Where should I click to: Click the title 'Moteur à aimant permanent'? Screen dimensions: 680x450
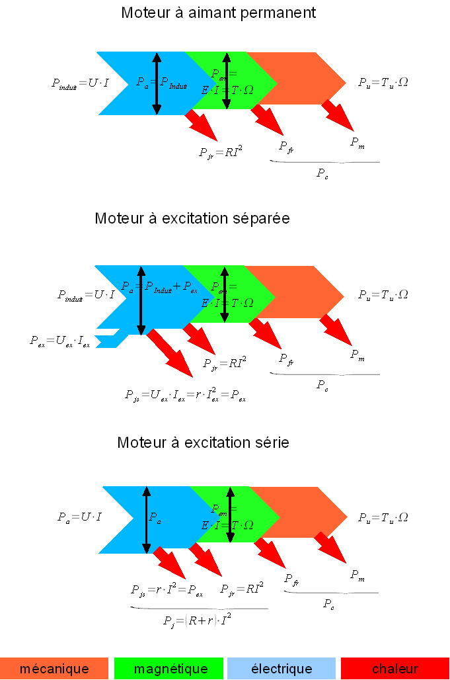[x=219, y=13]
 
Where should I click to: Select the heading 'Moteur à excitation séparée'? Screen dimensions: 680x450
[x=192, y=218]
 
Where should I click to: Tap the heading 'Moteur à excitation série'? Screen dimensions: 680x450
[x=203, y=443]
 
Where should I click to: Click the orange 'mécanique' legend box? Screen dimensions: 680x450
[x=54, y=669]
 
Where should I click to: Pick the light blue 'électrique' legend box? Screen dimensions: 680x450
[x=281, y=669]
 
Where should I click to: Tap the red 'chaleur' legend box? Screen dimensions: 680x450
[x=395, y=669]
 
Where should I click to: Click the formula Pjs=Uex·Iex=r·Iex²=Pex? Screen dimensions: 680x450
[x=185, y=396]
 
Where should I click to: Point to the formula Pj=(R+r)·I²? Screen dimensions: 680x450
[x=198, y=620]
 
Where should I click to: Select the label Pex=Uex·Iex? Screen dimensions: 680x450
[x=59, y=341]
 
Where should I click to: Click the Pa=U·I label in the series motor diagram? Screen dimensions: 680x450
[x=79, y=517]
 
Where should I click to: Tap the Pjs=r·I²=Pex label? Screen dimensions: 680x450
[x=167, y=589]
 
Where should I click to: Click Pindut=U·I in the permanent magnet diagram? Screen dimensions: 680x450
[x=79, y=83]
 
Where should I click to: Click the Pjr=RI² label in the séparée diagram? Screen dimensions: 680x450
[x=225, y=363]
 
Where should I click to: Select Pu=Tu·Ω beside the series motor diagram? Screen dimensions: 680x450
[x=383, y=517]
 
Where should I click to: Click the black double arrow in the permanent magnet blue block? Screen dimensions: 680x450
[x=157, y=83]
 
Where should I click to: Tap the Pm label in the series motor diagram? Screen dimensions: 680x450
[x=357, y=575]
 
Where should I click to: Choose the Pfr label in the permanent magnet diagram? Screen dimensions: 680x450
[x=286, y=147]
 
